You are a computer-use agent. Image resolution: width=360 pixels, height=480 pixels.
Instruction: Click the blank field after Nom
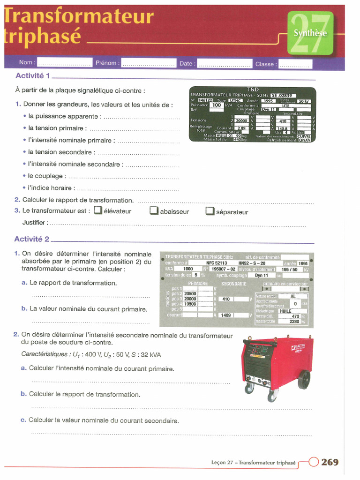65,63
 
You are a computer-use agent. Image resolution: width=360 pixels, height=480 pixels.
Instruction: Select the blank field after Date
224,63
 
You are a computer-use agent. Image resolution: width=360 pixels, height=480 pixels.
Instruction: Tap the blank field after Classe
295,64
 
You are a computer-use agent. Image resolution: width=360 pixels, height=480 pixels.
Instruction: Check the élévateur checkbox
97,211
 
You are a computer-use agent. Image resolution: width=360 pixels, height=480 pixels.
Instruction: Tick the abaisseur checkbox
154,211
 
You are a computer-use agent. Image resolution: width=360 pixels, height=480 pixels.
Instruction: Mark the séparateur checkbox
210,212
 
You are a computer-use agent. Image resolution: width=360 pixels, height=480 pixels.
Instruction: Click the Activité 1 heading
33,76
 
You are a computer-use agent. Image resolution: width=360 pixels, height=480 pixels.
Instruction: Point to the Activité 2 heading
32,239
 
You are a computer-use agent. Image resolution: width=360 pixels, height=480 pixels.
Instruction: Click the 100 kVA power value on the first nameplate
216,105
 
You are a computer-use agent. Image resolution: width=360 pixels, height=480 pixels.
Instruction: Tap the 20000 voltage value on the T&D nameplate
241,120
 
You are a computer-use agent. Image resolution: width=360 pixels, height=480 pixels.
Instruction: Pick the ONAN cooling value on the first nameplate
305,140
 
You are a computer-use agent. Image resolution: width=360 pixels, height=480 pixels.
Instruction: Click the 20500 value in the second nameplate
190,294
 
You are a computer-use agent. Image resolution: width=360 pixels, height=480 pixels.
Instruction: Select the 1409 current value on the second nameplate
226,315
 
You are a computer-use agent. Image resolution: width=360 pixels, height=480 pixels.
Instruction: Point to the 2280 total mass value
294,322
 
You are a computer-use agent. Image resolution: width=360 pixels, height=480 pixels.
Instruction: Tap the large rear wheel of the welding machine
304,379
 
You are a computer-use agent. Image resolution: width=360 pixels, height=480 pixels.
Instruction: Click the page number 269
330,462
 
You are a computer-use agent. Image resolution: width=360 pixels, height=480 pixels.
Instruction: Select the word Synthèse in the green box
310,33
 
